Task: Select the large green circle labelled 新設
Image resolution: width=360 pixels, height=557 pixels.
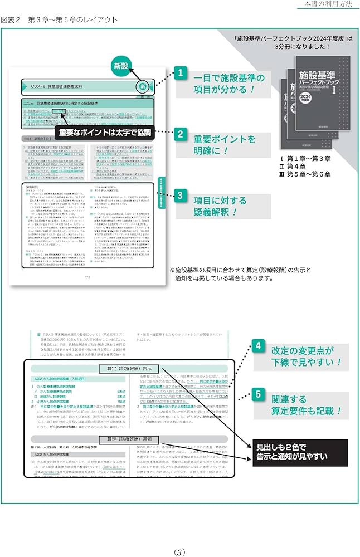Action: pos(120,66)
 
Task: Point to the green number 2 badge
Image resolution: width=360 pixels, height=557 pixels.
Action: pos(180,134)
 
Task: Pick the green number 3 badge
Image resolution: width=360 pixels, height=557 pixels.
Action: pos(180,196)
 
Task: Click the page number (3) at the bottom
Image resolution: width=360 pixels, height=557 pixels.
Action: pos(179,536)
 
